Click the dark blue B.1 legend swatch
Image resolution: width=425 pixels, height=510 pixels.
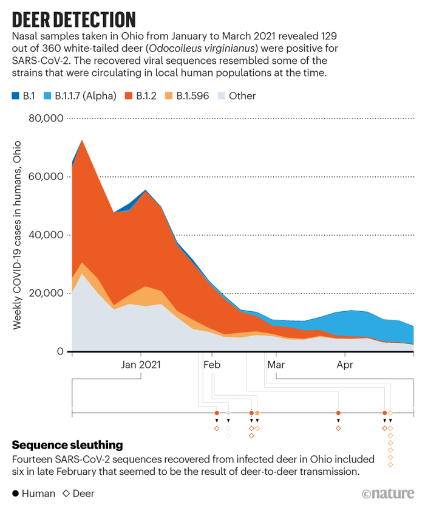pos(15,95)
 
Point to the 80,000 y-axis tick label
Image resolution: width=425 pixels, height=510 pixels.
pos(47,118)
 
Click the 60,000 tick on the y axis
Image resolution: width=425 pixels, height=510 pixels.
pos(47,176)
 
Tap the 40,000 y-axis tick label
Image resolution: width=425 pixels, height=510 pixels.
pos(47,235)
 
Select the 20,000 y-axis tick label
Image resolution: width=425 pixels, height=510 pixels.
pos(47,293)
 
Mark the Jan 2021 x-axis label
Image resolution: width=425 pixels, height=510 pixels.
pos(141,365)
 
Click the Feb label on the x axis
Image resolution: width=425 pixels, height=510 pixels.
pos(212,365)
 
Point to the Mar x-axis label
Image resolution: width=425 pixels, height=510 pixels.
pos(276,365)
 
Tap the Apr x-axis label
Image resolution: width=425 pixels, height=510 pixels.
pos(345,365)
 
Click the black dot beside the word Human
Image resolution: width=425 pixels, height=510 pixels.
pos(15,494)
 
